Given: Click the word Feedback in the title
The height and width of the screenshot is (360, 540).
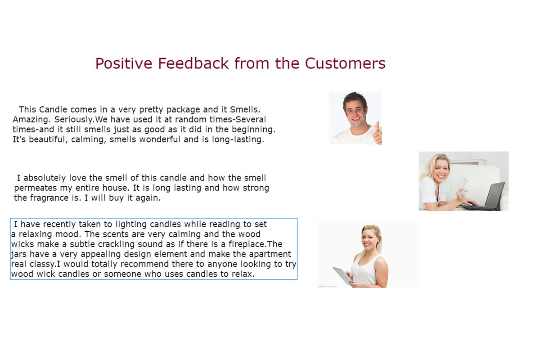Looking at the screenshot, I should click(193, 63).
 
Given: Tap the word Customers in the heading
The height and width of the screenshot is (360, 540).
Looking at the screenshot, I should click(345, 63).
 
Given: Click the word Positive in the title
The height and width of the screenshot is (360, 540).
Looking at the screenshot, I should click(124, 63).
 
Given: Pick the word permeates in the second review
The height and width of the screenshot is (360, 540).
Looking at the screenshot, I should click(34, 188).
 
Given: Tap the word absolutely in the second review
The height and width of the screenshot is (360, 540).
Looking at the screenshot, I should click(45, 178).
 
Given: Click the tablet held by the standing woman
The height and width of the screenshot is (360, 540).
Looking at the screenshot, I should click(342, 275).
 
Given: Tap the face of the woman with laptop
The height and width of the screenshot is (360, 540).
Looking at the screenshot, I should click(440, 168).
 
